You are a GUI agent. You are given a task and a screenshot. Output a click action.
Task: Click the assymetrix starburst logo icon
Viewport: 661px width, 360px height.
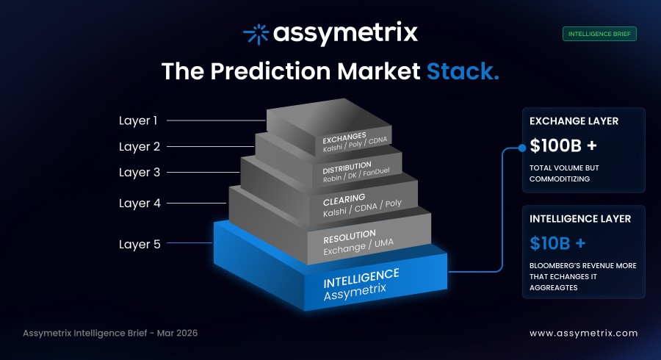coord(256,33)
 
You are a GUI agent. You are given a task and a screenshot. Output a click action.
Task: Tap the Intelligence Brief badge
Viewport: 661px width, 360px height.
coord(599,33)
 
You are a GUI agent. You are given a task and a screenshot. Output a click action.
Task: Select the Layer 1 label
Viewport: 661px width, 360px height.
coord(139,120)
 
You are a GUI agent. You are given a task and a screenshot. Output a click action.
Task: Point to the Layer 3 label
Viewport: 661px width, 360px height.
coord(140,173)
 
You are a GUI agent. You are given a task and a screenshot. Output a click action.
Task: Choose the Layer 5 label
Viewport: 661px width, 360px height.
coord(140,244)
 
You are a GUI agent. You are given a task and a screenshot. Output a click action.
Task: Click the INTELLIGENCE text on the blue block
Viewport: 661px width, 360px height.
coord(361,278)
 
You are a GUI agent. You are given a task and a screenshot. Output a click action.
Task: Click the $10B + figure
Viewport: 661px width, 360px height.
coord(556,242)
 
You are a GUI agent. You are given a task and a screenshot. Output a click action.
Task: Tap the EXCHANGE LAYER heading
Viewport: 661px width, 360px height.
coord(574,120)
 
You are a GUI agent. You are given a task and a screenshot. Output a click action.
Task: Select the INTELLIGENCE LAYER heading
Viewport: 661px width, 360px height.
coord(580,218)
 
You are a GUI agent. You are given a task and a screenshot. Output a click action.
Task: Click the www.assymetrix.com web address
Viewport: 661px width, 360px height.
coord(583,333)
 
